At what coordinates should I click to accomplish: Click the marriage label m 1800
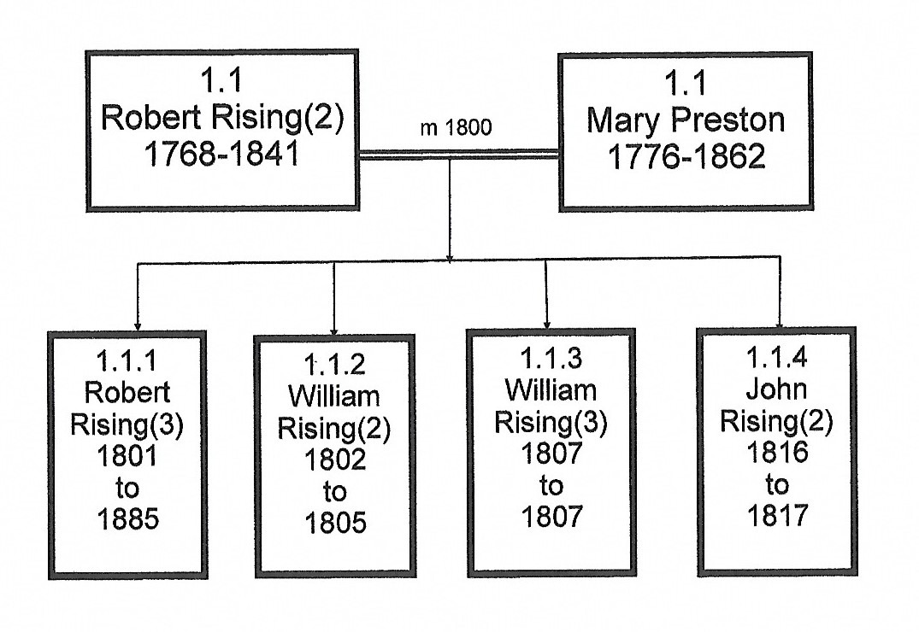pyautogui.click(x=456, y=128)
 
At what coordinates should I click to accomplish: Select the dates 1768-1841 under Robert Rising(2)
pyautogui.click(x=222, y=155)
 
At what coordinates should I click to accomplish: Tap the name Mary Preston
pyautogui.click(x=686, y=120)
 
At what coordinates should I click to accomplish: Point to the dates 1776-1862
pyautogui.click(x=686, y=158)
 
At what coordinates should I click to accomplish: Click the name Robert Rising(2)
pyautogui.click(x=222, y=118)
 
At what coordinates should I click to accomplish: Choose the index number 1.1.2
pyautogui.click(x=335, y=366)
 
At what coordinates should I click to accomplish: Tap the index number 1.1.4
pyautogui.click(x=776, y=359)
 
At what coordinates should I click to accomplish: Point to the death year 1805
pyautogui.click(x=335, y=522)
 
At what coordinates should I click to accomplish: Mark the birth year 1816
pyautogui.click(x=776, y=453)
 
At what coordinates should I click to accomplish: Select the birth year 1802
pyautogui.click(x=335, y=459)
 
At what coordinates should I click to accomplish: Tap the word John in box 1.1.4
pyautogui.click(x=776, y=390)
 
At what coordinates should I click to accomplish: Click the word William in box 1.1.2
pyautogui.click(x=335, y=397)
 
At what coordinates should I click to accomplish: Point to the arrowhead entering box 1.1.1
pyautogui.click(x=138, y=325)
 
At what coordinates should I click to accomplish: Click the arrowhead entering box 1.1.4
pyautogui.click(x=780, y=322)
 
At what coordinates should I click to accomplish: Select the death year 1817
pyautogui.click(x=776, y=516)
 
